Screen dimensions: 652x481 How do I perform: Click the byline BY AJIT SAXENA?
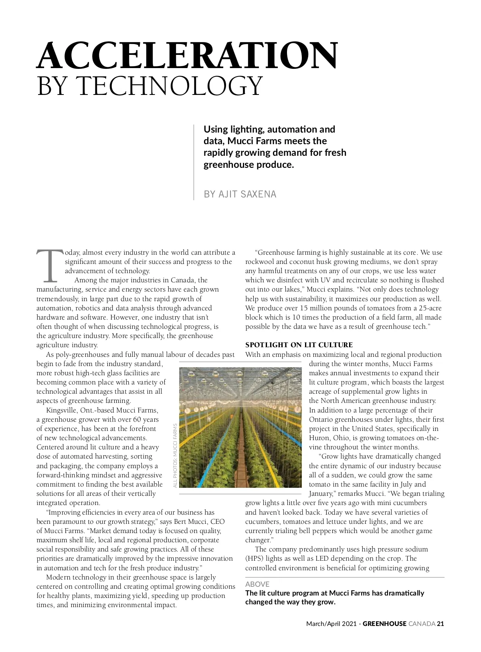[x=240, y=194]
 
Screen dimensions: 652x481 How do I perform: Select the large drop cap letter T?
[x=50, y=266]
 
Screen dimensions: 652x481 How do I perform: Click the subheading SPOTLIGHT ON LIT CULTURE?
[x=299, y=345]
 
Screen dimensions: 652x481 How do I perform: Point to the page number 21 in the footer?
[x=441, y=624]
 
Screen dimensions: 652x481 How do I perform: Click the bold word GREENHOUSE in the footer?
[x=384, y=624]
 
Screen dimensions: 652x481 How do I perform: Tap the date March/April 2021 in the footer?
[x=331, y=624]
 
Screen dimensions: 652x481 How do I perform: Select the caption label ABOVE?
[x=257, y=584]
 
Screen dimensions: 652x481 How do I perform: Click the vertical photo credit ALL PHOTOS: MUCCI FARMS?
[x=175, y=456]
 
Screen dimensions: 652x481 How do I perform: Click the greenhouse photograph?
[x=240, y=427]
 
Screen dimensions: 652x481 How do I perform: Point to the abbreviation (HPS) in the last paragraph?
[x=254, y=559]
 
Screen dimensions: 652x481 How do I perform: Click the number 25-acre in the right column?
[x=428, y=308]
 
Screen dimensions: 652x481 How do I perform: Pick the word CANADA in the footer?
[x=421, y=624]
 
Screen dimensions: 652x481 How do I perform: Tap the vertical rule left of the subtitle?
[x=194, y=162]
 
